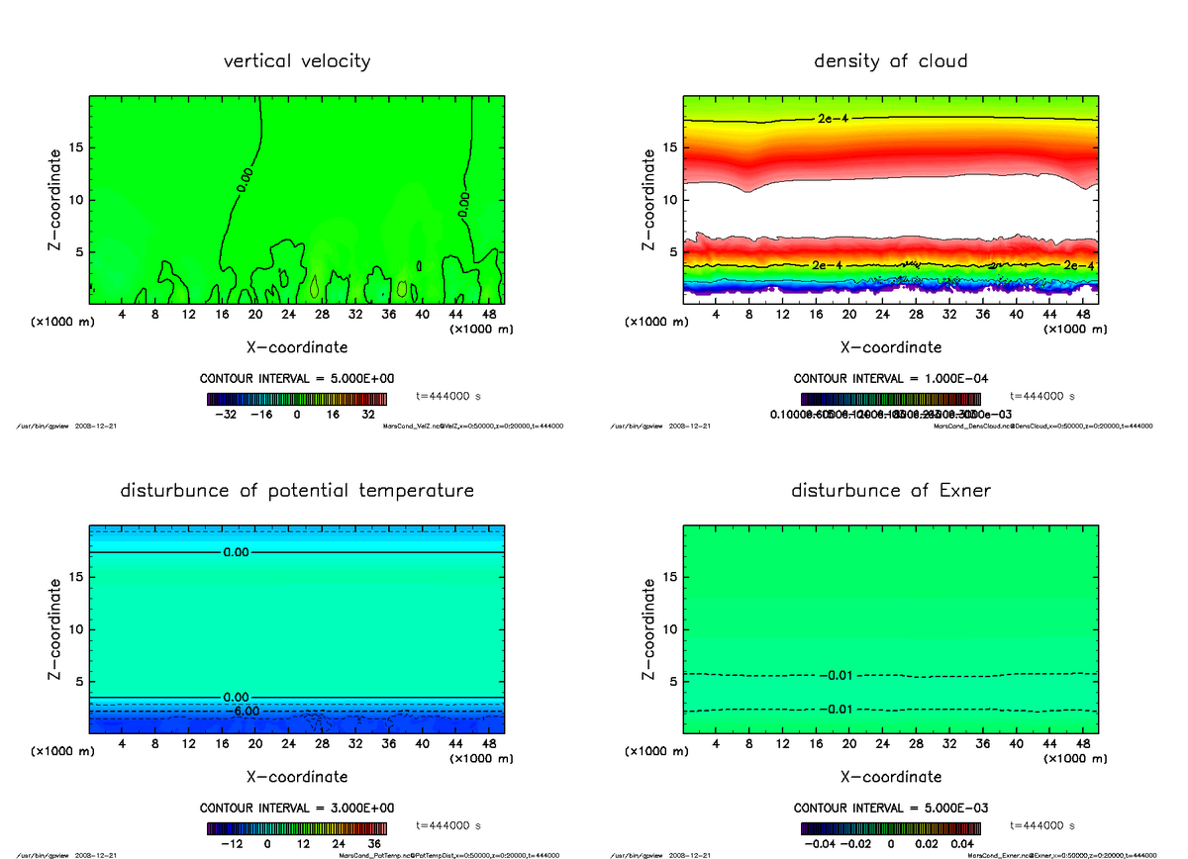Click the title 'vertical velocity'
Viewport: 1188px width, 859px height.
click(x=297, y=61)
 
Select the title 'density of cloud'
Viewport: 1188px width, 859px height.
click(x=890, y=61)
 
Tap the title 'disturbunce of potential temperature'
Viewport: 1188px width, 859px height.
click(x=297, y=491)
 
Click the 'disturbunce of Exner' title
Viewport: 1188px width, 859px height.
click(x=890, y=491)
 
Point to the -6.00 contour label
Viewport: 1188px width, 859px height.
click(x=242, y=712)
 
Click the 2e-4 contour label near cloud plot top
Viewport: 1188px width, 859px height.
click(x=834, y=119)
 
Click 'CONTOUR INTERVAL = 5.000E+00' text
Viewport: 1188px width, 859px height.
click(x=297, y=379)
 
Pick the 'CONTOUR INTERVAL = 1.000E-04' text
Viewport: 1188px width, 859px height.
click(x=890, y=379)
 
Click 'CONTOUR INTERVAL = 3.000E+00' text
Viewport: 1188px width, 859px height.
click(x=297, y=808)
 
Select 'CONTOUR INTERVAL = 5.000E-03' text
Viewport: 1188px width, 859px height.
click(x=890, y=808)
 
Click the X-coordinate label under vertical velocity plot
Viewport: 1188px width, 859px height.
click(x=297, y=347)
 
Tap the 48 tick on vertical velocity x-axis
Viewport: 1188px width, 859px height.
click(x=488, y=315)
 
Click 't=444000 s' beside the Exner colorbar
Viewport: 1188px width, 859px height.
click(x=1042, y=824)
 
